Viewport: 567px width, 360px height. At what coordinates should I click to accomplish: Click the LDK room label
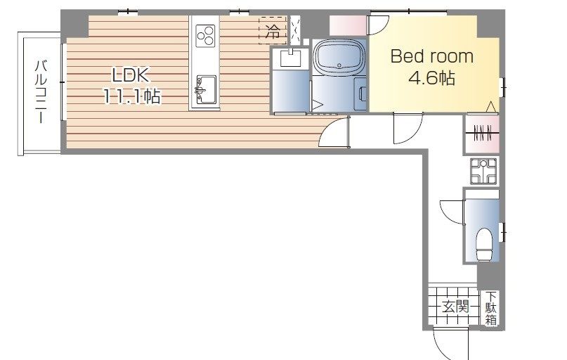point(131,76)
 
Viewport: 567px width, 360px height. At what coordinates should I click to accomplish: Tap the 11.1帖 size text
point(132,96)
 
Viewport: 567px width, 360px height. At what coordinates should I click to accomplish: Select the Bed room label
point(432,56)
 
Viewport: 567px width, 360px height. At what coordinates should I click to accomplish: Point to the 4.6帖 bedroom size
point(431,78)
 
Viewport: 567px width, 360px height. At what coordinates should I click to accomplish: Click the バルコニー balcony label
point(41,92)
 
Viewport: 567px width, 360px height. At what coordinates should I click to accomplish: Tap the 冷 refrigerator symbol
point(273,31)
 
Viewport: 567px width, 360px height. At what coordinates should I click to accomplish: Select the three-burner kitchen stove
point(205,35)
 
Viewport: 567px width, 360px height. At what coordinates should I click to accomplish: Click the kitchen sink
point(206,89)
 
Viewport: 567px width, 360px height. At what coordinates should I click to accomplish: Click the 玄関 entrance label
point(455,307)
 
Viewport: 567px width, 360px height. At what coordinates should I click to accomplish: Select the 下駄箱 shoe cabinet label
point(490,308)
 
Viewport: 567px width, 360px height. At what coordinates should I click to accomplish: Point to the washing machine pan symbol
point(484,171)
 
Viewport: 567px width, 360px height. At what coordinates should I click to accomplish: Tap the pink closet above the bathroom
point(348,26)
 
